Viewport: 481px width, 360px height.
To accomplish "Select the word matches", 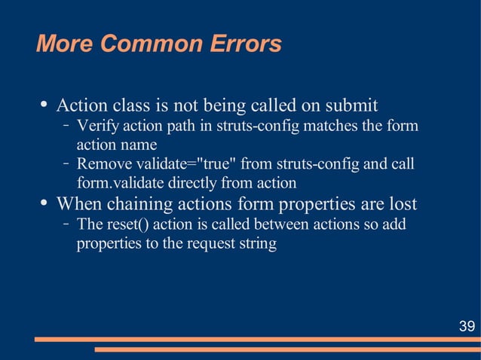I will pos(332,125).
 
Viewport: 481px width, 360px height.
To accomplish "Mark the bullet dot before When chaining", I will pos(44,203).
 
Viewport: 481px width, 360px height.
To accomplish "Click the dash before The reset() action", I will pos(66,224).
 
